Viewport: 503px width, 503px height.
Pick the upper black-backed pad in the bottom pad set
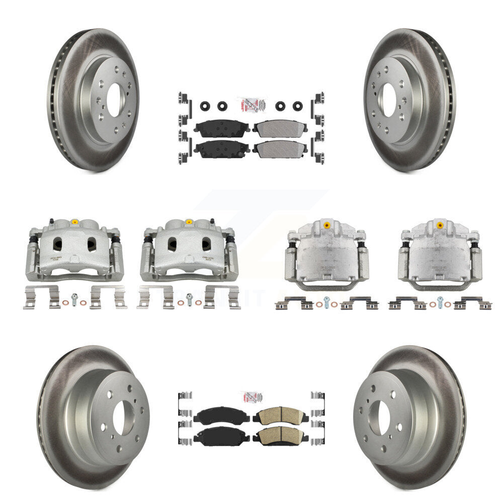[x=215, y=415]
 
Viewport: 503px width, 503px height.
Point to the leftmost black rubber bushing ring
[x=205, y=106]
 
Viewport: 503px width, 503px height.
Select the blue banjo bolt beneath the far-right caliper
[x=440, y=301]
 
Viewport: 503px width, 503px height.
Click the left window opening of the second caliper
[x=172, y=244]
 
